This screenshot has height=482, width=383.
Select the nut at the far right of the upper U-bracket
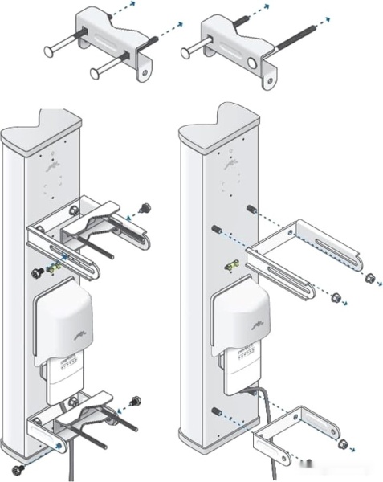point(369,280)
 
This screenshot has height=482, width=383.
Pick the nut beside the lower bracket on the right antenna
point(344,444)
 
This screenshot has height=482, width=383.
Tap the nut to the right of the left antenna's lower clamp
point(135,399)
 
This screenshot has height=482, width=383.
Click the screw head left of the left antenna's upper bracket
point(35,272)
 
